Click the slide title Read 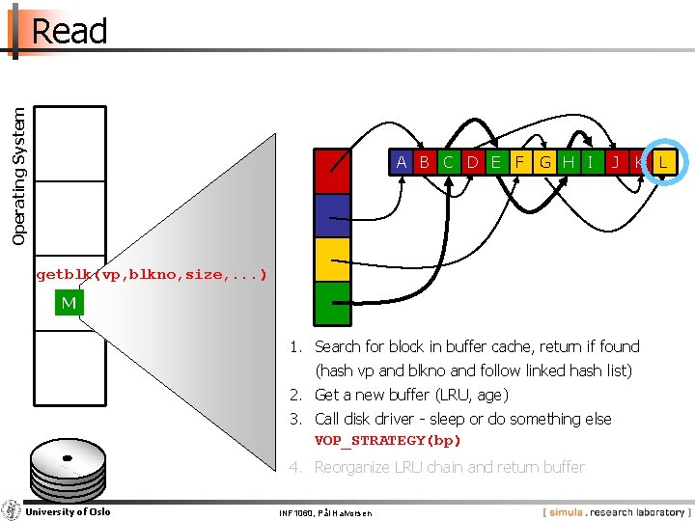pyautogui.click(x=69, y=31)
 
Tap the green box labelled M pyautogui.click(x=69, y=303)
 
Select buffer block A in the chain pyautogui.click(x=401, y=162)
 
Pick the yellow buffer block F pyautogui.click(x=520, y=162)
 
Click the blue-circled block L pyautogui.click(x=662, y=162)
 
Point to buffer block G pyautogui.click(x=545, y=162)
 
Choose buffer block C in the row pyautogui.click(x=449, y=162)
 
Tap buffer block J pyautogui.click(x=615, y=162)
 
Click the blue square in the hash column pyautogui.click(x=333, y=215)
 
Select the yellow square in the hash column pyautogui.click(x=333, y=259)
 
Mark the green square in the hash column pyautogui.click(x=333, y=302)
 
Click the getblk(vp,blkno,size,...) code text pyautogui.click(x=152, y=275)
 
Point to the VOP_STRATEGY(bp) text pyautogui.click(x=388, y=441)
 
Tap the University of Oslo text pyautogui.click(x=68, y=511)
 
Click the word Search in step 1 pyautogui.click(x=337, y=346)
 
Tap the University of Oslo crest pyautogui.click(x=12, y=509)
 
